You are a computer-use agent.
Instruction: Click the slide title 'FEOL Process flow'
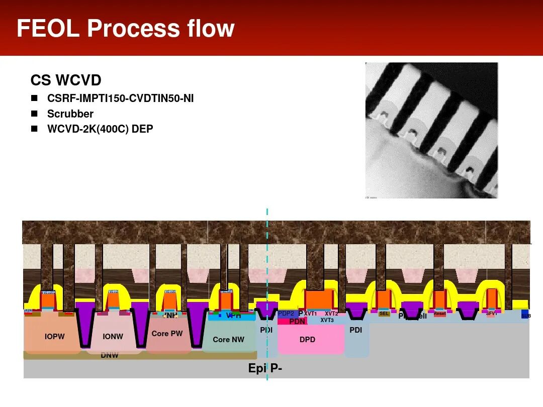click(125, 28)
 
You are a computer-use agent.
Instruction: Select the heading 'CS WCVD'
click(66, 80)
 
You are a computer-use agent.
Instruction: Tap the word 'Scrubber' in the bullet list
click(70, 114)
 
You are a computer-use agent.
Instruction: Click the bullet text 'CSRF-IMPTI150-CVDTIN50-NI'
click(120, 98)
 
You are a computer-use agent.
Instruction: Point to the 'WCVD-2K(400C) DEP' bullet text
click(100, 129)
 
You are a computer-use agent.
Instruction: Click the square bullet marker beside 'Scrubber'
click(34, 114)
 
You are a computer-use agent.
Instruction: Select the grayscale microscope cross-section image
click(431, 130)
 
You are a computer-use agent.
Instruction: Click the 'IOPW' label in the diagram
click(54, 337)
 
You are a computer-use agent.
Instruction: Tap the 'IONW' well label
click(113, 337)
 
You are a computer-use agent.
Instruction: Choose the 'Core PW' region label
click(167, 334)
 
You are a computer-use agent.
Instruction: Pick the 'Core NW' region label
click(228, 340)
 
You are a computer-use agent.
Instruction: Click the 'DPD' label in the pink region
click(307, 340)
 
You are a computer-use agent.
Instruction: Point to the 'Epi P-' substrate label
click(265, 368)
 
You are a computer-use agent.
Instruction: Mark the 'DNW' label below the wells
click(109, 355)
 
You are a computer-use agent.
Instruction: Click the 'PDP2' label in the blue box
click(286, 314)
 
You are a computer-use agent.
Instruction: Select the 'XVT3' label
click(327, 320)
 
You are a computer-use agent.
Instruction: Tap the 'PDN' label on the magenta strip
click(297, 322)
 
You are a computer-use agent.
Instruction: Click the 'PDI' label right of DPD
click(355, 330)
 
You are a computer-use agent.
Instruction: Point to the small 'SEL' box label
click(384, 314)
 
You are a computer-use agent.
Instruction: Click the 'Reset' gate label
click(439, 314)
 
